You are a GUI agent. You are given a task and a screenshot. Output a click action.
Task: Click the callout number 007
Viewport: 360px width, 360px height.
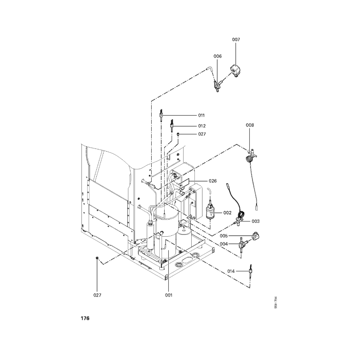pyautogui.click(x=236, y=40)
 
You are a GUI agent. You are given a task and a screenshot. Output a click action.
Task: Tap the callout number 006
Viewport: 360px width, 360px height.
pyautogui.click(x=217, y=56)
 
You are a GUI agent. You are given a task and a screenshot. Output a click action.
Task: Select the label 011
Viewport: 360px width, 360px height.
pyautogui.click(x=189, y=116)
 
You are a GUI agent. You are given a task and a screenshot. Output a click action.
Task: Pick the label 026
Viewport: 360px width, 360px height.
pyautogui.click(x=212, y=181)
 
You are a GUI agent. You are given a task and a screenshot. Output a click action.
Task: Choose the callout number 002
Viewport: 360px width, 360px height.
pyautogui.click(x=227, y=212)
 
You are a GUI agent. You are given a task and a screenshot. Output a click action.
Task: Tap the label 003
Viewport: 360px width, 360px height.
pyautogui.click(x=256, y=221)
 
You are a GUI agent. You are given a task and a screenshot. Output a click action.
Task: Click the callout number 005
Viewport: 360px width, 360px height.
pyautogui.click(x=224, y=236)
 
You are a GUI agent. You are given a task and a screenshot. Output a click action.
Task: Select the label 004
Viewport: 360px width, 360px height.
pyautogui.click(x=224, y=244)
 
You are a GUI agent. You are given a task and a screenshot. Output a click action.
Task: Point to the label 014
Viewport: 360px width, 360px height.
pyautogui.click(x=231, y=271)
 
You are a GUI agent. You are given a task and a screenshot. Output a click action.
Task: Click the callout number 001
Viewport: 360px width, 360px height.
pyautogui.click(x=168, y=295)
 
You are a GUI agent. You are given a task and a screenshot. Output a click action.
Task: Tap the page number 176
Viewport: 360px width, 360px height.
pyautogui.click(x=85, y=318)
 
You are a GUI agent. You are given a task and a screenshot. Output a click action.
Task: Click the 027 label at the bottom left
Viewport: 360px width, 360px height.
pyautogui.click(x=97, y=295)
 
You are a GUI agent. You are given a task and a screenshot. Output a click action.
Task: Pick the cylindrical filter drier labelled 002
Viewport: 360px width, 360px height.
pyautogui.click(x=210, y=210)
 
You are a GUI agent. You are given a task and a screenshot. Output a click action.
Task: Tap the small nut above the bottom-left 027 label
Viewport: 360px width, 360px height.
pyautogui.click(x=97, y=258)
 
